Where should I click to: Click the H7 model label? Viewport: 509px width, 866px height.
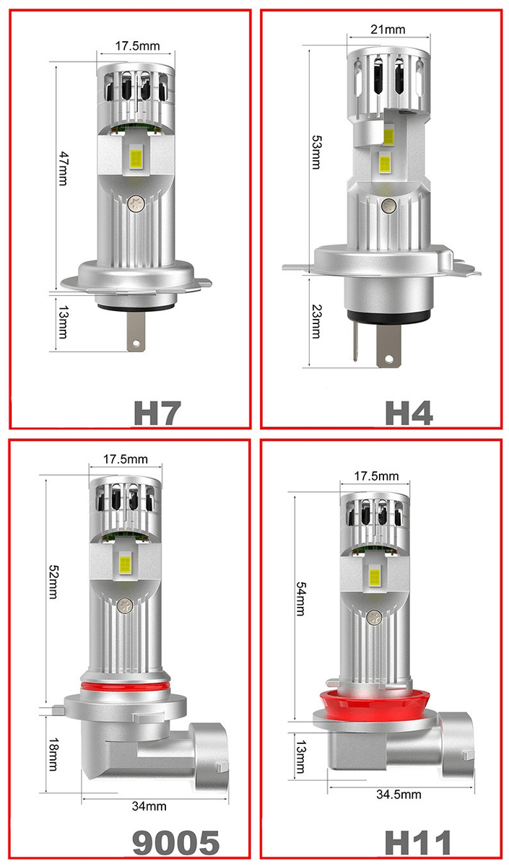click(157, 413)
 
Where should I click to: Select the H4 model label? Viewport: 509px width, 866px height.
click(409, 413)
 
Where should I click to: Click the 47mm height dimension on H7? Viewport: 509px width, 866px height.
click(63, 169)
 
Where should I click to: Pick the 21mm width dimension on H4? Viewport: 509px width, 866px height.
click(388, 30)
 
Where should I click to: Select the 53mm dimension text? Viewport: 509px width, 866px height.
click(316, 152)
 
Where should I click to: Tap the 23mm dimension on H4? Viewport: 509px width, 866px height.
click(316, 322)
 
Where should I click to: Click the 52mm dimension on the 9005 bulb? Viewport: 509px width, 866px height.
click(53, 582)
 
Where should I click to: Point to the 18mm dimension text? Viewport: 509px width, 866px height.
click(53, 754)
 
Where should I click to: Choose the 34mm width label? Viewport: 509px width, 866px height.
click(149, 806)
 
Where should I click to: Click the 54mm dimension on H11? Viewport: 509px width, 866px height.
click(300, 598)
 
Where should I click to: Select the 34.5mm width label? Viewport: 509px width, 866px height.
click(399, 794)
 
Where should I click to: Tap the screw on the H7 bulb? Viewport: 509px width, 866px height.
click(136, 202)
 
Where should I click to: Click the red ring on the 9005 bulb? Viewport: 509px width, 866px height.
click(126, 686)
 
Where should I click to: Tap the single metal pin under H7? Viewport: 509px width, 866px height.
click(136, 332)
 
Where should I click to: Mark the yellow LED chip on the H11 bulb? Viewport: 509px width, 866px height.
click(375, 576)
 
